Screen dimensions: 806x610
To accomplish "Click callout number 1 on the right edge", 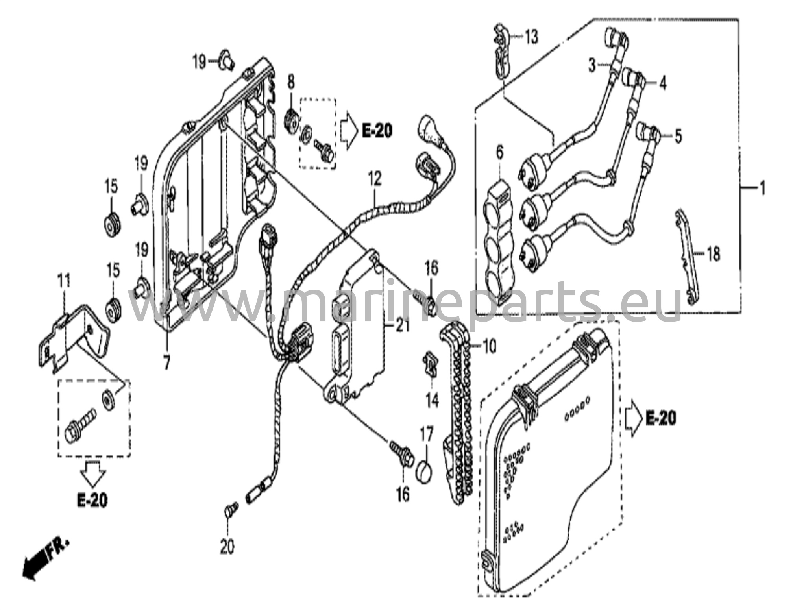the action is click(x=762, y=189).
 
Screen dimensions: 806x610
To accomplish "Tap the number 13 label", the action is click(x=531, y=37).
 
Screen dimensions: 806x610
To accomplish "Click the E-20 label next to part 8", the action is click(x=377, y=131).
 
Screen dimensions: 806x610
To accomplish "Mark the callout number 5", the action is click(x=678, y=136).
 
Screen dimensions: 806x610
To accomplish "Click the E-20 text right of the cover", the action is click(x=661, y=419).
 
